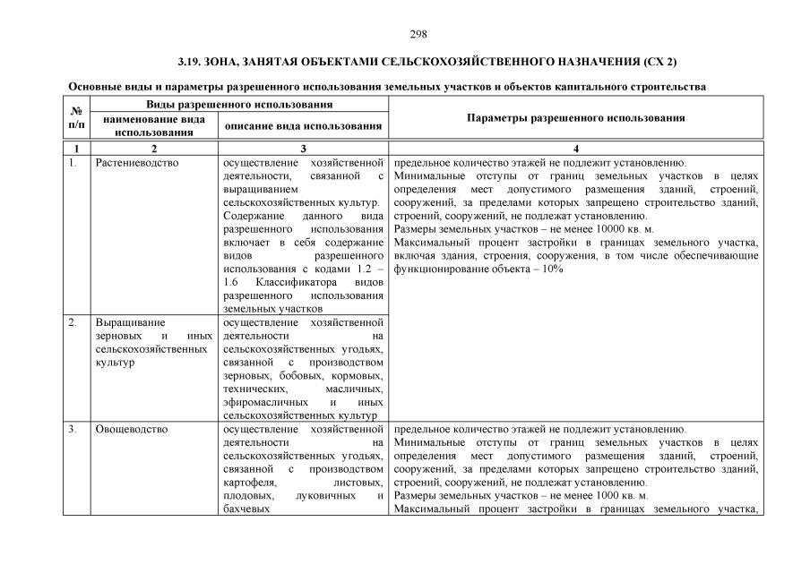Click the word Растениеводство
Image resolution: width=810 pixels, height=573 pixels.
137,163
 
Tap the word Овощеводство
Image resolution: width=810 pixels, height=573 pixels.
132,429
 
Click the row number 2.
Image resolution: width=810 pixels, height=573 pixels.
73,321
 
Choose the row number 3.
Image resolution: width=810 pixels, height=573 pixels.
73,429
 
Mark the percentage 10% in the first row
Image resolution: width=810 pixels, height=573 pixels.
552,269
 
